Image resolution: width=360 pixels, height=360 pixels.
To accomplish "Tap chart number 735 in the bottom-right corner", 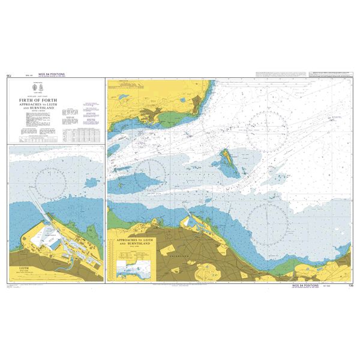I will pos(349,287).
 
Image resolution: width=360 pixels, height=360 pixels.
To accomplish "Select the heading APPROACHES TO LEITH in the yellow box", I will pos(134,241).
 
